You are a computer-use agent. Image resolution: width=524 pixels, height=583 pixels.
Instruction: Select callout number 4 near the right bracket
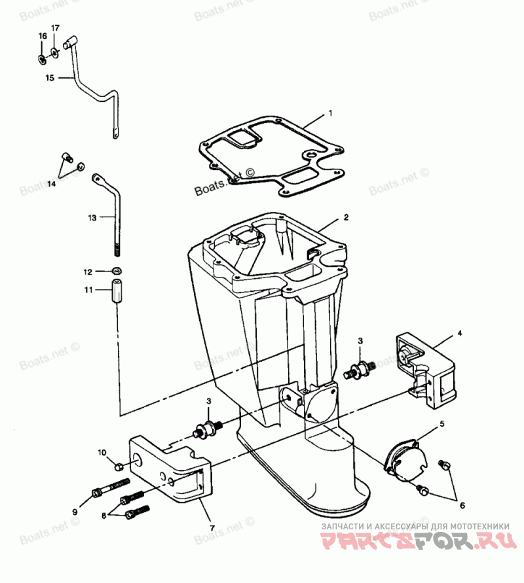pos(459,334)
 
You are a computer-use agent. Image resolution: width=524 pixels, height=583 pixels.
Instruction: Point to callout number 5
pos(441,424)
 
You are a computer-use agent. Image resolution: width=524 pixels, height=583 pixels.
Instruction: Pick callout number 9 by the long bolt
pos(75,511)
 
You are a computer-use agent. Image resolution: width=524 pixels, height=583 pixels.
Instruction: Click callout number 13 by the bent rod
pos(92,216)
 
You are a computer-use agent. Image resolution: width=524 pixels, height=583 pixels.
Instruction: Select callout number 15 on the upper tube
pos(50,78)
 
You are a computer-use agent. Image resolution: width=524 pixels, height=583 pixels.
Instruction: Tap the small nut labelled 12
pos(115,271)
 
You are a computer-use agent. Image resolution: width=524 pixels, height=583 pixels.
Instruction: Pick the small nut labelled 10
pos(119,466)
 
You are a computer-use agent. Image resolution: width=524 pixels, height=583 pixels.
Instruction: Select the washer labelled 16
pos(43,58)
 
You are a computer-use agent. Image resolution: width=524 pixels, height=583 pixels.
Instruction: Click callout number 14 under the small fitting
pos(51,184)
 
